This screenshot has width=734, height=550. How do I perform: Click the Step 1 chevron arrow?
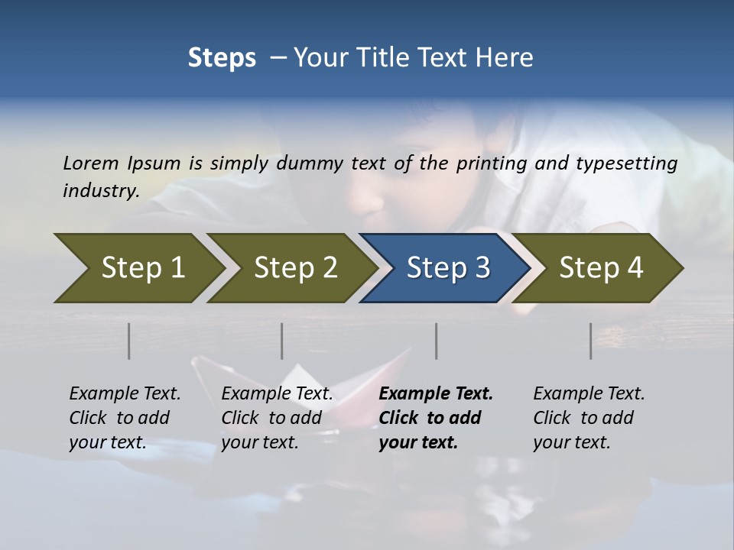pos(141,268)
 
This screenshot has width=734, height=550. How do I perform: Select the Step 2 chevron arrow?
pos(294,268)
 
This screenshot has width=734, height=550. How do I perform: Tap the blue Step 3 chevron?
pos(447,268)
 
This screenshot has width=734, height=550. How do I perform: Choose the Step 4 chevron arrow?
pos(600,268)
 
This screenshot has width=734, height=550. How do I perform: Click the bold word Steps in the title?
pos(222,57)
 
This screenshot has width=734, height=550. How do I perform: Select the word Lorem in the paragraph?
pos(91,163)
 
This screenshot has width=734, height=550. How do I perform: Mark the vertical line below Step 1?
pos(129,341)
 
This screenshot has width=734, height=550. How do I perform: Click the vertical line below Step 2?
pos(282,341)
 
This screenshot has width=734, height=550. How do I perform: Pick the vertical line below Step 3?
pos(437,341)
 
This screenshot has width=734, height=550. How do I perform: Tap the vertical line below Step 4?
pos(591,341)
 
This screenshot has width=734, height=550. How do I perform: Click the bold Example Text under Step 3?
pos(436,418)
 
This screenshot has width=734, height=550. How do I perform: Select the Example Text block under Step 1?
pos(125,418)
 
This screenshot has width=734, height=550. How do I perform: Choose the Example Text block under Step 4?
pos(589,418)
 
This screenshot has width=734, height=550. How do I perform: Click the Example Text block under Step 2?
pos(277,418)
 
